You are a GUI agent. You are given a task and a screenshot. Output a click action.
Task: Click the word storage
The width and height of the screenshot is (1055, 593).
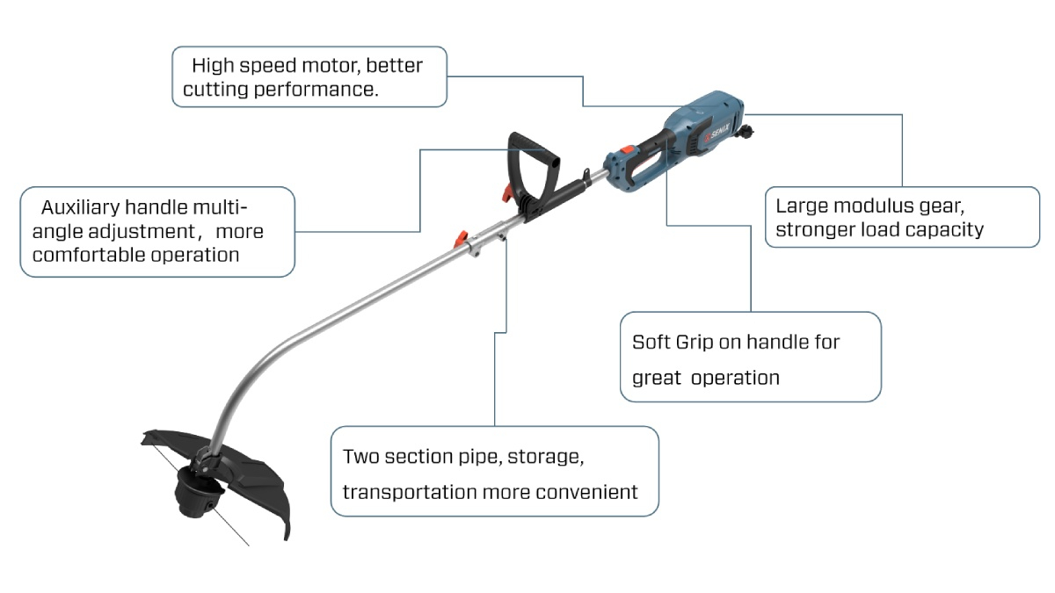coord(546,457)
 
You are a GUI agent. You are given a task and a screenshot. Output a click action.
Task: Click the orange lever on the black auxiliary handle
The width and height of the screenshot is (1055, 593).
coord(506,192)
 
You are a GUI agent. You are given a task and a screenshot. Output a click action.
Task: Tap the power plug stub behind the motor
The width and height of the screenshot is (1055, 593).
coord(748,133)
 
